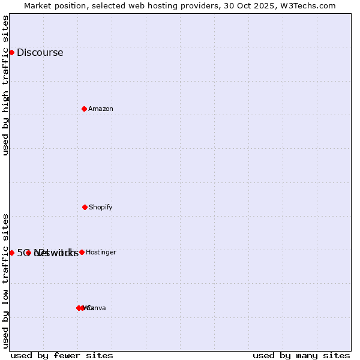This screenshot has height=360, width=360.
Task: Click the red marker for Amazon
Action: click(84, 109)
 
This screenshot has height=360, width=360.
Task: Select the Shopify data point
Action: click(85, 207)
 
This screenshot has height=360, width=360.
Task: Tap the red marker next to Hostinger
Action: click(82, 252)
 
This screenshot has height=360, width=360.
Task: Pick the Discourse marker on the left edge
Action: click(11, 52)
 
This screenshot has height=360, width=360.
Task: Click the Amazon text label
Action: click(101, 109)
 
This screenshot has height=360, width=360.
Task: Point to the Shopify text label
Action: click(101, 207)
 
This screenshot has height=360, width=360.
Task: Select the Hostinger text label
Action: click(101, 252)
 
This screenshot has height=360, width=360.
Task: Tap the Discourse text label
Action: click(40, 52)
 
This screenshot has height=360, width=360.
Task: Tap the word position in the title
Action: click(74, 5)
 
